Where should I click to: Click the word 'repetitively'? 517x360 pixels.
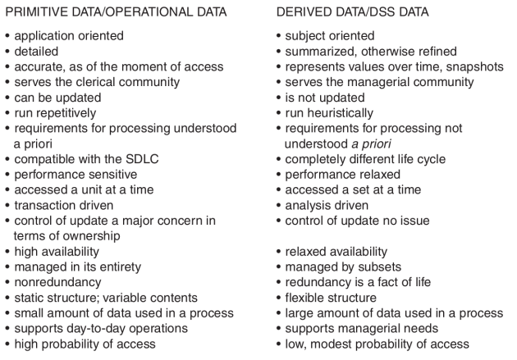tap(71, 113)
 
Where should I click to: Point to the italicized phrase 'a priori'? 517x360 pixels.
tap(371, 144)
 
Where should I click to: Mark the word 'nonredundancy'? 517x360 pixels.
tap(57, 282)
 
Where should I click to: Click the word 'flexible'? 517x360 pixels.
tap(305, 298)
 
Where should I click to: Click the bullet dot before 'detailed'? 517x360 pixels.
tap(7, 52)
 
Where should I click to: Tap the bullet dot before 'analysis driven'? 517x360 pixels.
tap(279, 206)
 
